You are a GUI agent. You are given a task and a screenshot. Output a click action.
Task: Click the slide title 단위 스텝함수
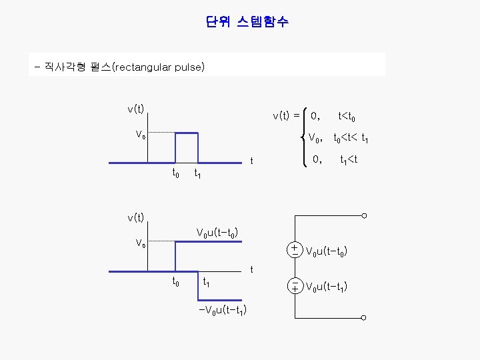tap(247, 23)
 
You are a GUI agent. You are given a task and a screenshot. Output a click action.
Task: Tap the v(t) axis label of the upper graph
tap(136, 108)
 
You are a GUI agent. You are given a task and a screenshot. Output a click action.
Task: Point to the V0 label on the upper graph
tap(140, 135)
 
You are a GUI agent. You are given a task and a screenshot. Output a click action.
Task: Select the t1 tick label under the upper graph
tap(197, 175)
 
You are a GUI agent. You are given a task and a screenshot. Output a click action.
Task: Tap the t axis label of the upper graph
tap(251, 161)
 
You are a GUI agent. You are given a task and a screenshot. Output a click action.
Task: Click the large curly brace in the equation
tap(305, 137)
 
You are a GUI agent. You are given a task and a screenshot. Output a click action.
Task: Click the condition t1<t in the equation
tap(349, 160)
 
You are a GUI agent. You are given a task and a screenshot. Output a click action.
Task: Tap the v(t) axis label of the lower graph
tap(136, 217)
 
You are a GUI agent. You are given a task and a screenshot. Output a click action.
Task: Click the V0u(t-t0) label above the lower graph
tap(217, 233)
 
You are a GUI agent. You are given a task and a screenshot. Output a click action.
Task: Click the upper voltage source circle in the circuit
tap(294, 250)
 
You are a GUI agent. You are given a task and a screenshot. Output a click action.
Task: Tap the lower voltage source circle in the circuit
tap(294, 286)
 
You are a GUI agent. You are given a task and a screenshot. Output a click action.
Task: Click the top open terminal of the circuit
tap(365, 215)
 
